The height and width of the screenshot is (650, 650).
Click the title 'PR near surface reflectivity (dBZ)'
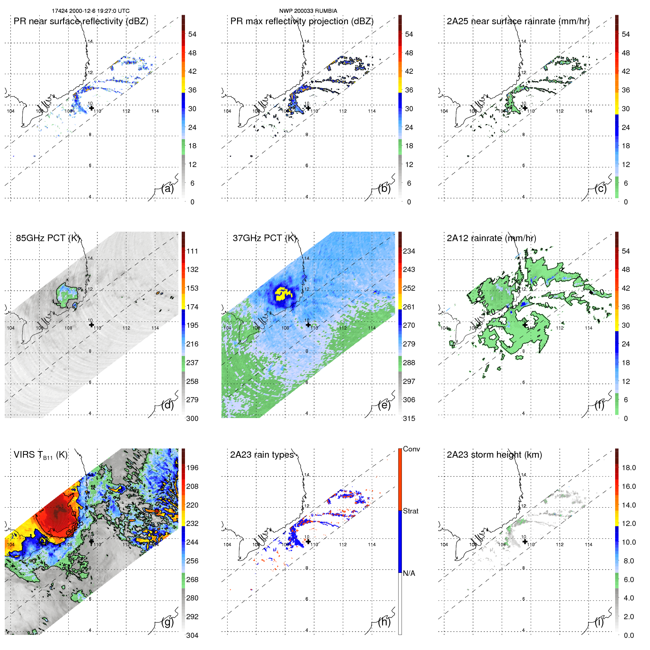[x=81, y=21]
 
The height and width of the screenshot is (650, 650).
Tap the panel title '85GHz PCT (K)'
[x=48, y=238]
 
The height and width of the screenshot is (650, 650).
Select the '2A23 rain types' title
[x=262, y=455]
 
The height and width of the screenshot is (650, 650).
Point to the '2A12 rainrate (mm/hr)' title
[x=491, y=238]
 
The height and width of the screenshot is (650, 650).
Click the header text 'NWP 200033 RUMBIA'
[x=308, y=11]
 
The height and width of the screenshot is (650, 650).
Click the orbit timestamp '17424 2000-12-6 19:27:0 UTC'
[x=91, y=11]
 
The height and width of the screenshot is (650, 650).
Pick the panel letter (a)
[x=167, y=189]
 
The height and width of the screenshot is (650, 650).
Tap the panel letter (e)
[x=384, y=405]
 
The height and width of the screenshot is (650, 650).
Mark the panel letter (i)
[x=599, y=622]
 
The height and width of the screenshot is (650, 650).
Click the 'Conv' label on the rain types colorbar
[x=411, y=449]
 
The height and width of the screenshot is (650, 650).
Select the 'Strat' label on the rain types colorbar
[x=411, y=511]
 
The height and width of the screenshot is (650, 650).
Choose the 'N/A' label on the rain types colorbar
[x=409, y=573]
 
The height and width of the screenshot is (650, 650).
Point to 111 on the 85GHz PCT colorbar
[x=192, y=251]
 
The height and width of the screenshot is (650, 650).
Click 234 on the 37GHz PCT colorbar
[x=409, y=251]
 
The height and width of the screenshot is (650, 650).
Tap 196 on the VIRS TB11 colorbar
[x=192, y=468]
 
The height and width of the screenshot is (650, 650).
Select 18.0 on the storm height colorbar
[x=629, y=468]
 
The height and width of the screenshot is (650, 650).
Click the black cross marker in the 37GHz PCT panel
[x=308, y=324]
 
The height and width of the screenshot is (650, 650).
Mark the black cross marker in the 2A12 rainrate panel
[x=525, y=324]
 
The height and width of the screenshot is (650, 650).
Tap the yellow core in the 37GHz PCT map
[x=283, y=294]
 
